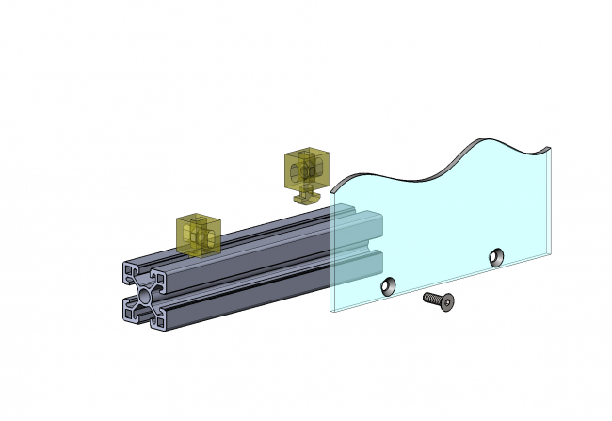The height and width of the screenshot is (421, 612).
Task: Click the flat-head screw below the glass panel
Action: click(x=438, y=300)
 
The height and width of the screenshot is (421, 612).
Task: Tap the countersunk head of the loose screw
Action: click(x=446, y=302)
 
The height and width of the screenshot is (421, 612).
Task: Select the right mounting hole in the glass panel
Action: click(x=495, y=255)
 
